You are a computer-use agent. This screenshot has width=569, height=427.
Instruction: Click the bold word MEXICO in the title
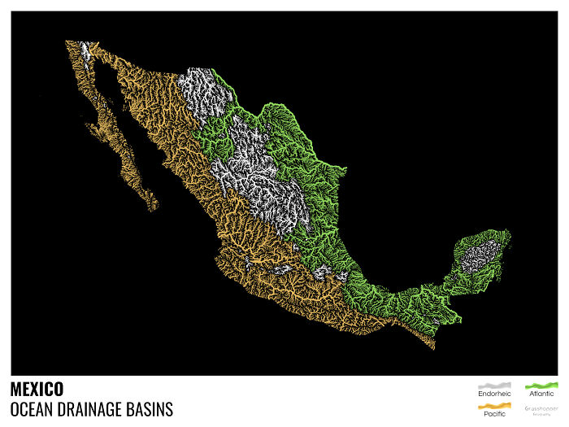pos(37,390)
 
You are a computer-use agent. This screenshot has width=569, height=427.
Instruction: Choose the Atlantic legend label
pos(541,394)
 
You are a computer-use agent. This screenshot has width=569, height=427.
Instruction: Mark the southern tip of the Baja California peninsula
pos(152,208)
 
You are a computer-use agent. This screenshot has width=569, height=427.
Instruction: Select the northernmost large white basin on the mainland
pos(199,89)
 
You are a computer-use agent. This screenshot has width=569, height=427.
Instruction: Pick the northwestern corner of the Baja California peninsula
pos(67,42)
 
